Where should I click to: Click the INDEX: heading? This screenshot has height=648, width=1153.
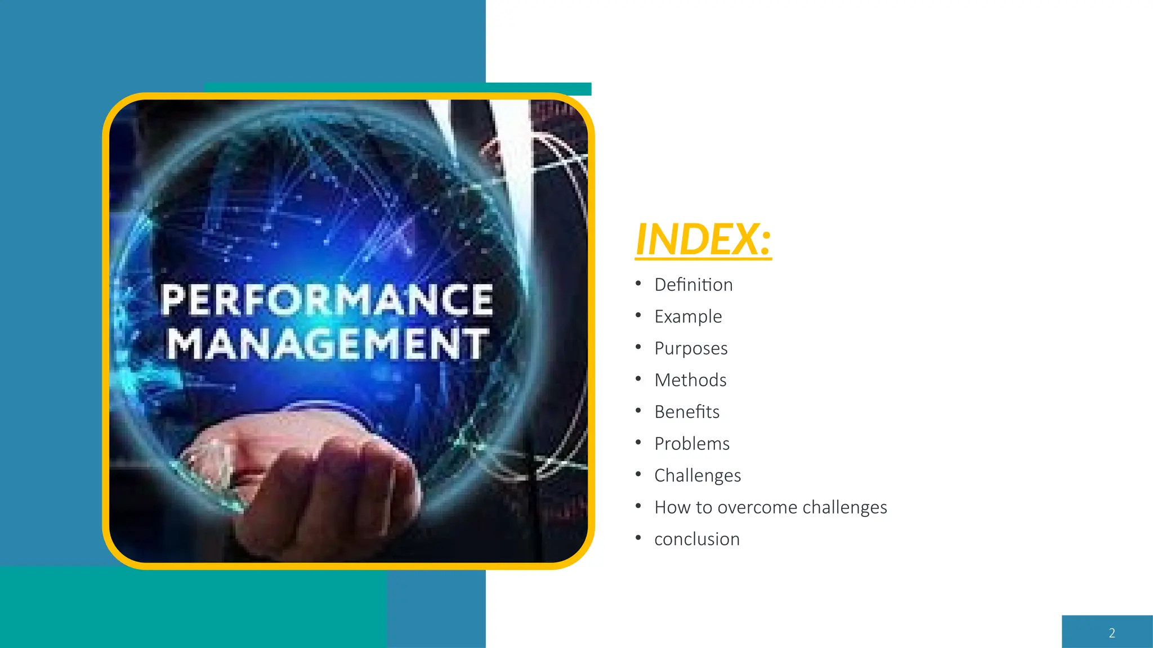[703, 239]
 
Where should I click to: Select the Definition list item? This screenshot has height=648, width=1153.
[693, 285]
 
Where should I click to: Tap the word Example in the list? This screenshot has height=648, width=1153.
[687, 317]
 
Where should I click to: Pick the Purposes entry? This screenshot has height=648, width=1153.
[691, 348]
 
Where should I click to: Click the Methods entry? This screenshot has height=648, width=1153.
[690, 380]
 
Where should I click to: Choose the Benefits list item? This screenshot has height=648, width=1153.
[687, 412]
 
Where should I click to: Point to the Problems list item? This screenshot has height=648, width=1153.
[692, 444]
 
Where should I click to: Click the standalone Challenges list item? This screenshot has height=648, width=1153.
[698, 475]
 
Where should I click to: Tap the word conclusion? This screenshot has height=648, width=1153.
[697, 539]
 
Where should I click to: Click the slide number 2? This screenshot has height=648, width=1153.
[1111, 633]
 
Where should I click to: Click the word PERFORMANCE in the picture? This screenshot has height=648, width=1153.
[327, 300]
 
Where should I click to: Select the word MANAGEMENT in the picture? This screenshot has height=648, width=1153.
[327, 343]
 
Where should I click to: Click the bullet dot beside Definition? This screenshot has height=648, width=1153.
[638, 283]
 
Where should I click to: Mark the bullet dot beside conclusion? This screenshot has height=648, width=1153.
[638, 538]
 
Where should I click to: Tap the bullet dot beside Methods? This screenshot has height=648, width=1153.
[638, 379]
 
